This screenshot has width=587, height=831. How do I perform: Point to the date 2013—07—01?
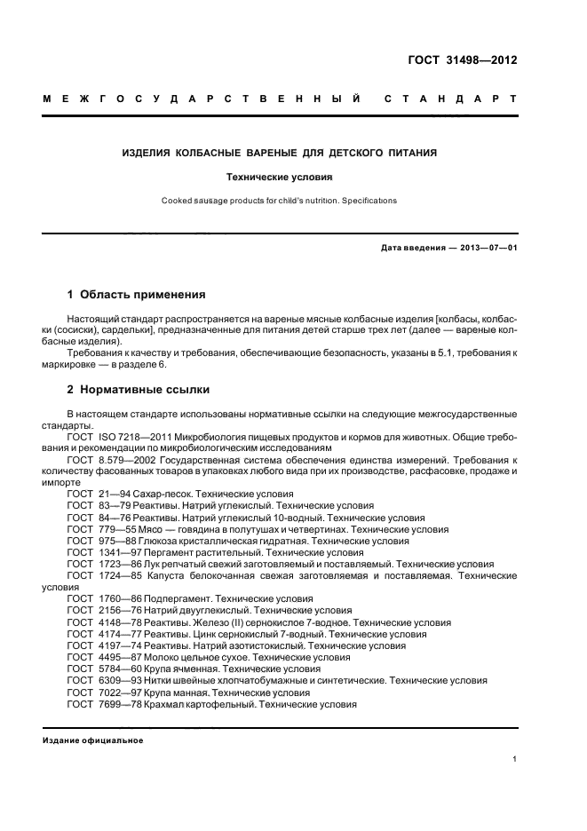[x=486, y=248]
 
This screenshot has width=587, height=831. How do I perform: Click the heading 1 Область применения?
[x=137, y=294]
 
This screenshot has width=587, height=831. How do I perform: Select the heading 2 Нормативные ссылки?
[x=139, y=390]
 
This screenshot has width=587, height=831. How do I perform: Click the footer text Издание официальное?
[x=93, y=740]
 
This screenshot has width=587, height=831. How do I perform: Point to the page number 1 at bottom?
[x=515, y=758]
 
